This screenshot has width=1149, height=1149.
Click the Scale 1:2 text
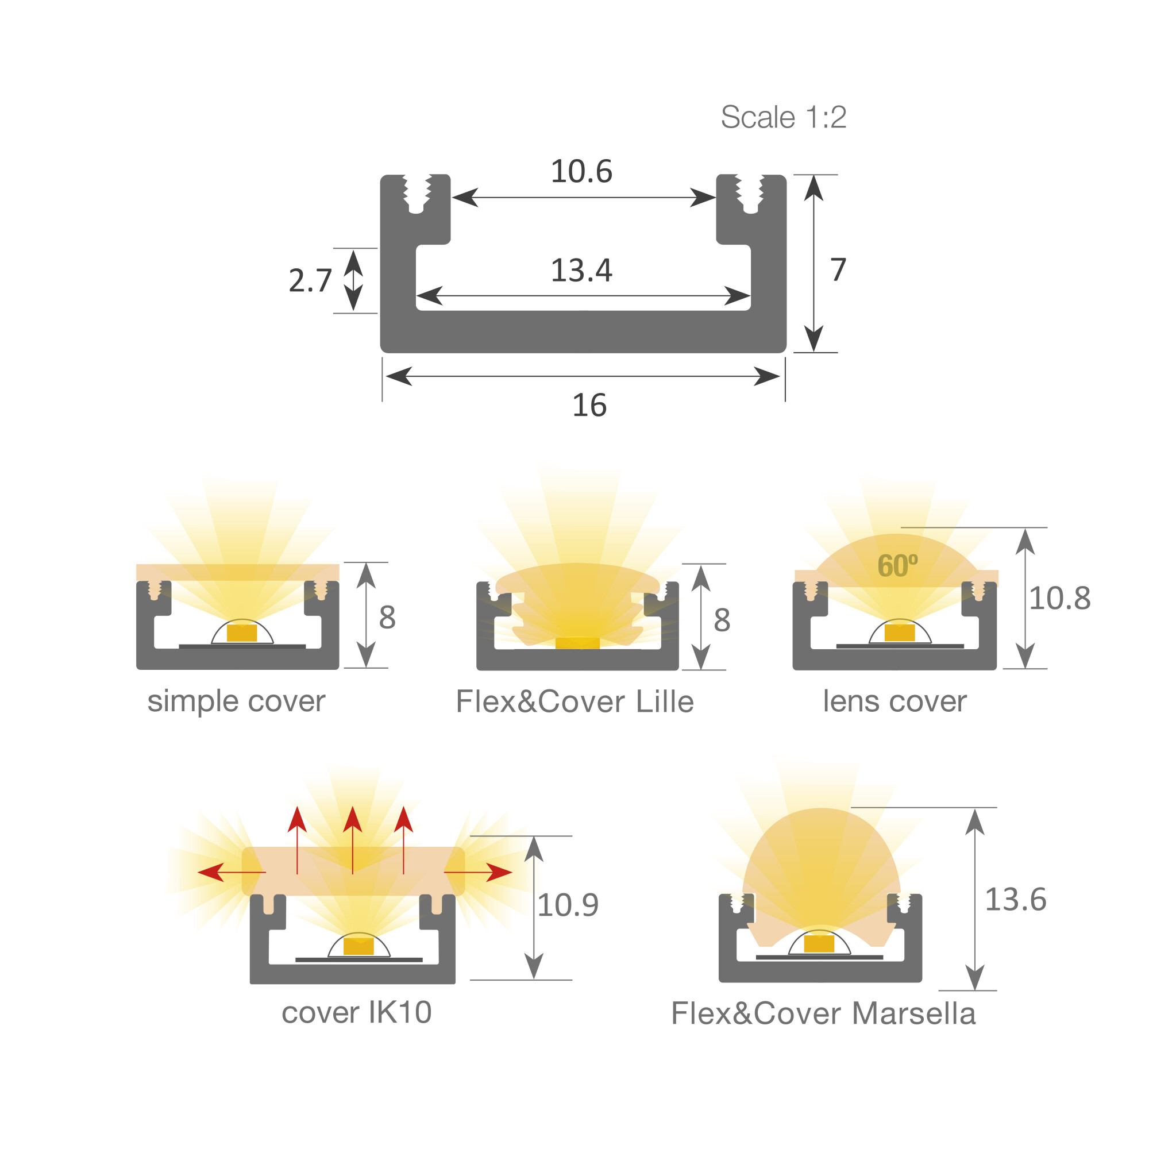(783, 117)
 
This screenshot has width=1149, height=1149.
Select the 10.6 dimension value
(581, 171)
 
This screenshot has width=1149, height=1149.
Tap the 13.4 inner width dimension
(581, 271)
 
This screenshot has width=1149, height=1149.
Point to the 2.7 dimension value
(310, 281)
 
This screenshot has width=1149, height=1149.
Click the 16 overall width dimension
(589, 406)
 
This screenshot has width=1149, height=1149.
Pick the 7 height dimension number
(838, 269)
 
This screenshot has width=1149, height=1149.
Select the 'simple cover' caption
(236, 701)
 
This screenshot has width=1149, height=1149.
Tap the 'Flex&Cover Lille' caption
(574, 702)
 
